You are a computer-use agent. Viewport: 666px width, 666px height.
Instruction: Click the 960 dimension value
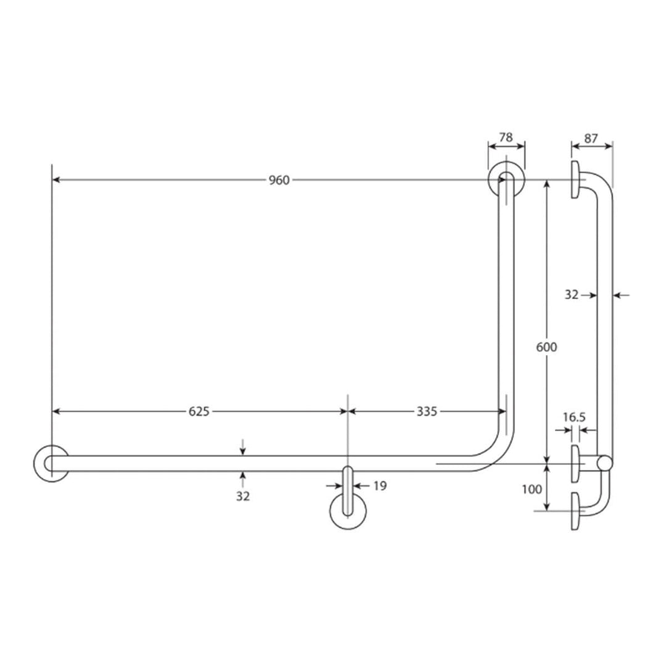click(279, 180)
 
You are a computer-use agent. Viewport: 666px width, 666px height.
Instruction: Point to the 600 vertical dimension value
click(546, 347)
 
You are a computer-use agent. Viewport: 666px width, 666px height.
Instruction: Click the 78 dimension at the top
click(506, 138)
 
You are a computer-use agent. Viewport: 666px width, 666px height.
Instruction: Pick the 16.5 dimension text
click(573, 417)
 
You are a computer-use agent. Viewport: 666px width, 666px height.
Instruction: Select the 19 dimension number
click(380, 486)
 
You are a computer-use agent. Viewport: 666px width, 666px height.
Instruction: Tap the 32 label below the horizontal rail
click(243, 496)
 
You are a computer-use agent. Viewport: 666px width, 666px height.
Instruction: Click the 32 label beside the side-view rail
click(572, 295)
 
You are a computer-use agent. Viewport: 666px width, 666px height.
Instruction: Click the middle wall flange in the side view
click(575, 463)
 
